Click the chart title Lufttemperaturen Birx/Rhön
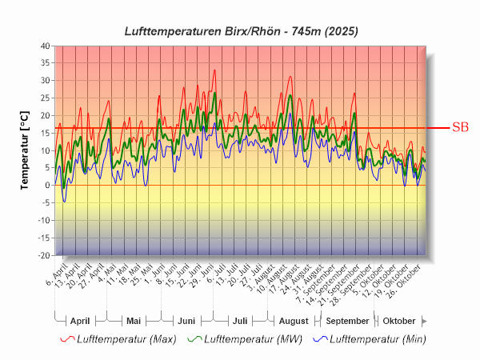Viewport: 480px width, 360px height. [241, 31]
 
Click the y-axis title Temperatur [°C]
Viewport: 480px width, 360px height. [25, 150]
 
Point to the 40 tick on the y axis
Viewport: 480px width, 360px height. [44, 46]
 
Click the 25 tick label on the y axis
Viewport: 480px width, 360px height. [44, 98]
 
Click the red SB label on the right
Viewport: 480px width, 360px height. [460, 127]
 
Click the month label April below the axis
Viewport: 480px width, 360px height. [80, 320]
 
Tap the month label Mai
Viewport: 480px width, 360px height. [134, 320]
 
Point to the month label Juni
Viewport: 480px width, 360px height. [186, 320]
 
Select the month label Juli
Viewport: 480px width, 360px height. [239, 320]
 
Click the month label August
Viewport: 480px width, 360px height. [294, 320]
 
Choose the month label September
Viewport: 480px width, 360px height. [347, 320]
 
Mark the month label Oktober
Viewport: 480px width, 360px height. [399, 320]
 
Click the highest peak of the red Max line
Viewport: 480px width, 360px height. [214, 70]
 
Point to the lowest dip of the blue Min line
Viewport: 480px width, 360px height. [65, 201]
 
